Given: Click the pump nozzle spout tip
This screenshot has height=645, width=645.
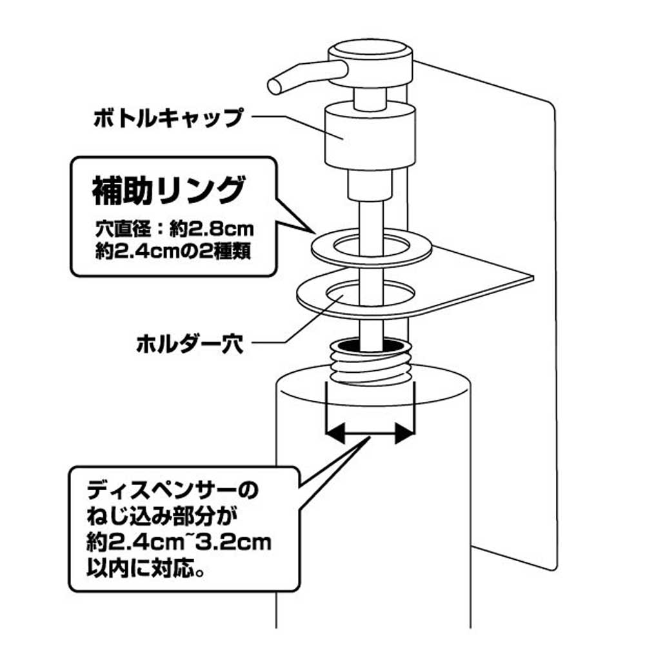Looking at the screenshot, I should coord(274,84).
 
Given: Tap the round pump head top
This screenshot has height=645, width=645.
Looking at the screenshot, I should coord(370,51).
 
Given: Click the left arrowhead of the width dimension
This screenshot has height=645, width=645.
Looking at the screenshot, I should coord(334,433).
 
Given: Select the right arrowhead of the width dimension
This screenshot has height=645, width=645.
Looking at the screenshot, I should coord(404,433).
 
